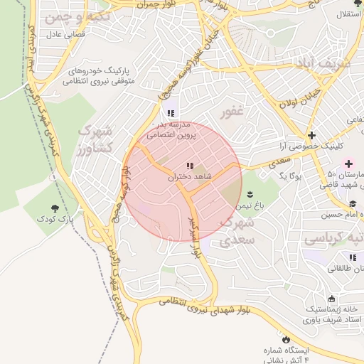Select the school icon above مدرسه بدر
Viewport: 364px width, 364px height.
[170, 113]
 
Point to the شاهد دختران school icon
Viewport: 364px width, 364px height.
[188, 166]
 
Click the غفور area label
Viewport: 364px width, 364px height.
[232, 113]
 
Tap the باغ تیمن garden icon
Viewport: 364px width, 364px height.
[250, 194]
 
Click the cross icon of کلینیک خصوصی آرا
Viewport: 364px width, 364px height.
[311, 135]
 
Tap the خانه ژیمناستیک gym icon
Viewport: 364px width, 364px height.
[332, 299]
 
